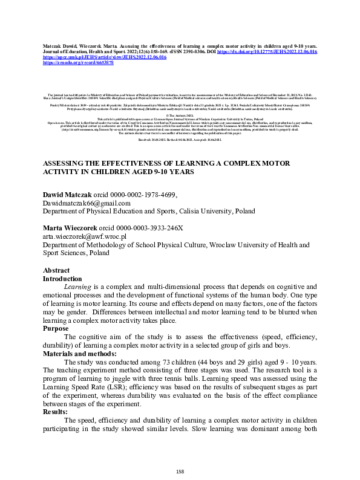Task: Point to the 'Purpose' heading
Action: pyautogui.click(x=59, y=329)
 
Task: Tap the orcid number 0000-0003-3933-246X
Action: pyautogui.click(x=153, y=228)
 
